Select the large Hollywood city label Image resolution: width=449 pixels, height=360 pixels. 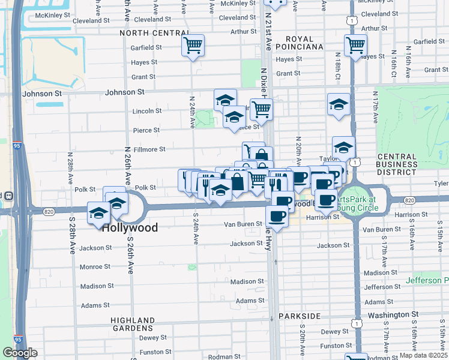(x=130, y=228)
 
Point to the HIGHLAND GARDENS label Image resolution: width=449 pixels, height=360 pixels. (x=133, y=325)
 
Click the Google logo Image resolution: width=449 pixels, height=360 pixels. (x=20, y=353)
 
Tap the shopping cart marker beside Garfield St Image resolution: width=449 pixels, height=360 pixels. (x=193, y=45)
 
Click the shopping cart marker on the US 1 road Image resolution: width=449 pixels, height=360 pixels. (x=355, y=44)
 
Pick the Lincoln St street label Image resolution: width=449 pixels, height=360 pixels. (x=147, y=111)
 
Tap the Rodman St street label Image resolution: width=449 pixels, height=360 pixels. (x=224, y=357)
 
